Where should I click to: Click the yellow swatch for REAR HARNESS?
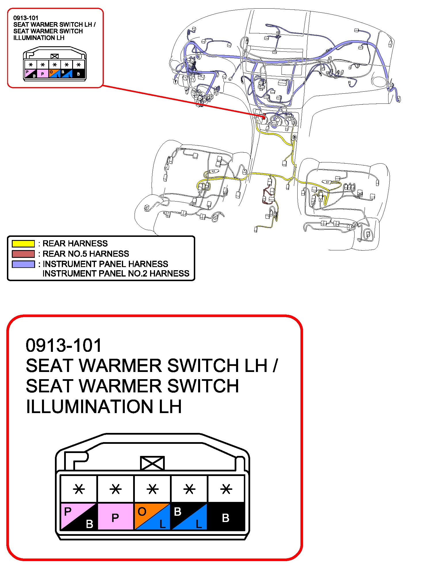click(x=23, y=243)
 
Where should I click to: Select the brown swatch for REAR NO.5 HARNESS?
click(x=23, y=254)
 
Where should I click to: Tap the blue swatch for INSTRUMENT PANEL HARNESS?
click(x=23, y=264)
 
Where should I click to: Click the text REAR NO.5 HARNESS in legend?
click(x=86, y=254)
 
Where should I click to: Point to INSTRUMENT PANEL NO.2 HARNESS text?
click(x=116, y=273)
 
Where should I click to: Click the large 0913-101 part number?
click(x=64, y=345)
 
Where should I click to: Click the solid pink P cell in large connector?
click(x=116, y=516)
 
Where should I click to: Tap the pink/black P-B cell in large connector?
click(x=78, y=516)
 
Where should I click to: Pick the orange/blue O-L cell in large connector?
click(x=152, y=516)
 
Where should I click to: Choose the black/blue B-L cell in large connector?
click(x=189, y=516)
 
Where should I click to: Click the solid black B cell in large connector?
click(x=226, y=516)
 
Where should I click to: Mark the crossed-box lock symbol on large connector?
click(x=152, y=463)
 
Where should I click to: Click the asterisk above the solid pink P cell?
click(x=116, y=489)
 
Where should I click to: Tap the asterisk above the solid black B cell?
click(x=226, y=489)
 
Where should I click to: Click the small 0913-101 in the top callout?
click(x=26, y=18)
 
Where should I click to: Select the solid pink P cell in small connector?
click(x=43, y=74)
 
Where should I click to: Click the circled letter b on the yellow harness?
click(x=294, y=137)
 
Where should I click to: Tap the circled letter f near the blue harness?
click(x=175, y=82)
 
